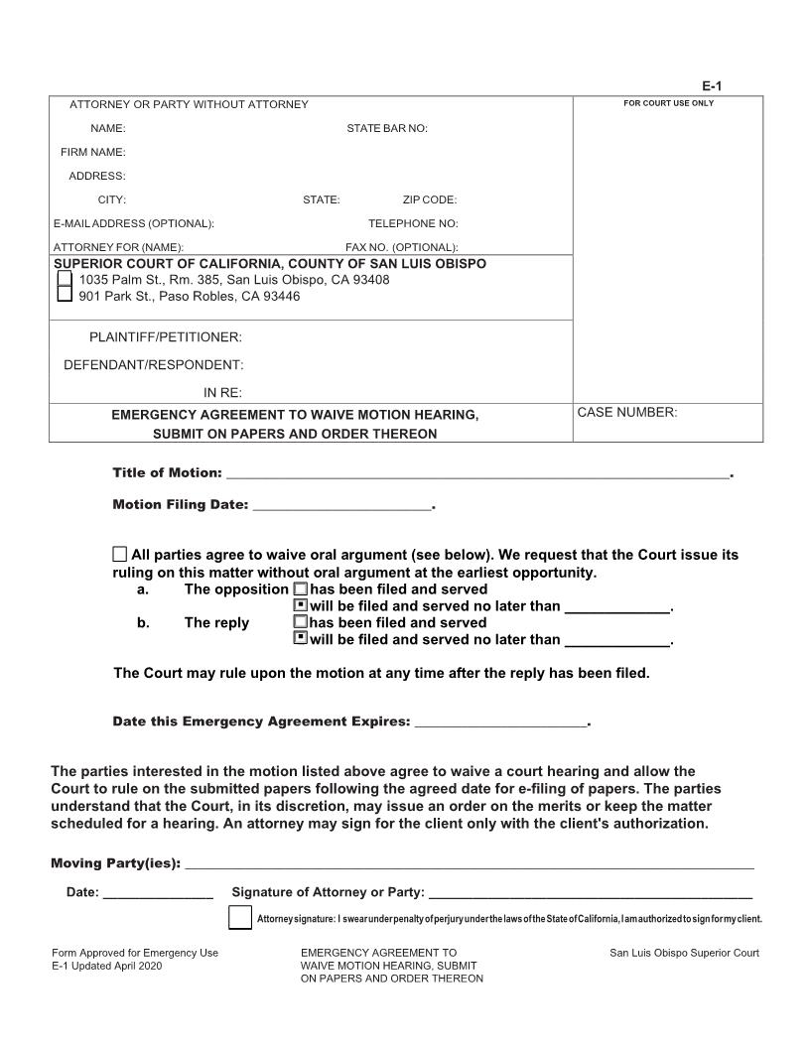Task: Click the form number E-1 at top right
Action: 727,87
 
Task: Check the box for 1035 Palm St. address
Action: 65,280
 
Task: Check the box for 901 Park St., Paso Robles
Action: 65,296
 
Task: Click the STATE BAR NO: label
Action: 386,129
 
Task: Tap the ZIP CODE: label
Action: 429,200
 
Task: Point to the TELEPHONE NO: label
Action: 413,224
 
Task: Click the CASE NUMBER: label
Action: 627,413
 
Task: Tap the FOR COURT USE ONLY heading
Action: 668,103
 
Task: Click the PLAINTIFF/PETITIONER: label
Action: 166,337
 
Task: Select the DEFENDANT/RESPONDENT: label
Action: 154,364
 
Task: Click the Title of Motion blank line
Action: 477,473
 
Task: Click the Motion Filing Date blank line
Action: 342,505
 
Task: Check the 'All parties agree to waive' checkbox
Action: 120,555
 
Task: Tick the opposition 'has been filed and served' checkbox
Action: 301,589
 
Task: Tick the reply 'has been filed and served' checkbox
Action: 301,623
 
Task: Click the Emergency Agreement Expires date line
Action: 500,721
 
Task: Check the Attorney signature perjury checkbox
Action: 239,918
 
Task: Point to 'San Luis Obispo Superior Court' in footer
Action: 684,954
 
